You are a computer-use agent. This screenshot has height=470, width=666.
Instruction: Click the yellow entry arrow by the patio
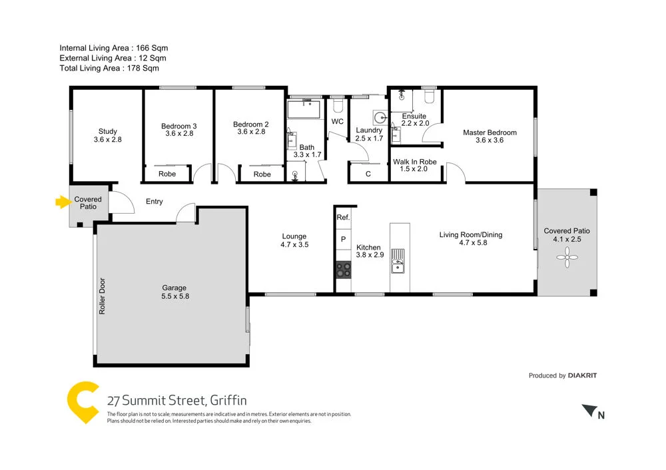tap(63, 202)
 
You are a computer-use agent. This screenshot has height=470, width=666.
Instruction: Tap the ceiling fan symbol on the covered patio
tap(567, 257)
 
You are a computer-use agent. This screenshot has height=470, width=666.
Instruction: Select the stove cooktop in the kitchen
tap(344, 270)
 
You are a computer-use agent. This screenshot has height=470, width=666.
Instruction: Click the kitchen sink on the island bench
tap(398, 260)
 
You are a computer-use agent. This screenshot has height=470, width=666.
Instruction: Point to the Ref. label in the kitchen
tap(343, 218)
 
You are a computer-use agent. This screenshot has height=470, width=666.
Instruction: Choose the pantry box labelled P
tap(343, 239)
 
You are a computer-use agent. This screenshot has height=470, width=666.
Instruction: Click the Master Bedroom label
tap(490, 132)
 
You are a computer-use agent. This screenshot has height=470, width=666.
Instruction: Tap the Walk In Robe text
tap(414, 162)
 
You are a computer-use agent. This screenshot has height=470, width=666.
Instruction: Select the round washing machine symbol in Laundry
tap(380, 118)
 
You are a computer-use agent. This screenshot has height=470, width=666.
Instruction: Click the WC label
tap(338, 122)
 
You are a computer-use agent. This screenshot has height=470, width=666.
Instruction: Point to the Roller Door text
tap(103, 296)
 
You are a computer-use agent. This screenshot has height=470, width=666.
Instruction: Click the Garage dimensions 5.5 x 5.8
tap(175, 296)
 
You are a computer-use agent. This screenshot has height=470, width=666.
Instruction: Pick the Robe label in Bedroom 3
tap(167, 174)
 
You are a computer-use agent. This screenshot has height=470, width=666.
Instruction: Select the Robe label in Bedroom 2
tap(262, 174)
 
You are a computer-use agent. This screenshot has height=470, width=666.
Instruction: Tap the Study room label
tap(107, 131)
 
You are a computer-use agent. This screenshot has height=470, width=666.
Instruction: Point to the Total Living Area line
tap(109, 68)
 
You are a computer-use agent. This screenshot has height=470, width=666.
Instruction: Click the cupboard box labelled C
tap(368, 174)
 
